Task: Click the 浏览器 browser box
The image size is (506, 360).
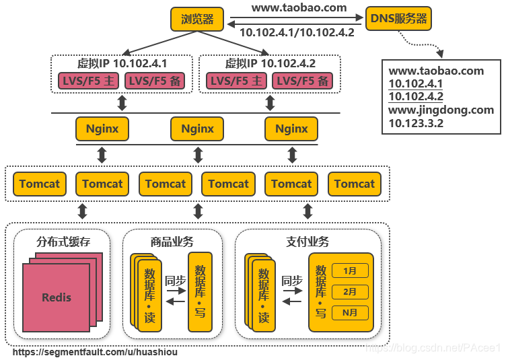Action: coord(197,19)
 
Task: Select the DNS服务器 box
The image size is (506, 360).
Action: coord(398,19)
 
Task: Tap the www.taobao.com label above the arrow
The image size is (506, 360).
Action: coord(299,8)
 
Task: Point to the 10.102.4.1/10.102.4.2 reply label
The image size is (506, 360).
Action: coord(297,32)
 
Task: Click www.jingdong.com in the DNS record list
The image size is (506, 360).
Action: coord(441,110)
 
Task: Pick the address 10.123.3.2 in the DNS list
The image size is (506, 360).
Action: coord(416,123)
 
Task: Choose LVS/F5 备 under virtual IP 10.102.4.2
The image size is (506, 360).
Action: coord(303,81)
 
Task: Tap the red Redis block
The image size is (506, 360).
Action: coord(57,297)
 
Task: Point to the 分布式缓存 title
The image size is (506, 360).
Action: coord(63,242)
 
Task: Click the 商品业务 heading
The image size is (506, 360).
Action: coord(172,242)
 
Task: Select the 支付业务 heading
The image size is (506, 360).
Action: coord(308,242)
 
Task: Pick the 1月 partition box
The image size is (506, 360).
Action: coord(350,271)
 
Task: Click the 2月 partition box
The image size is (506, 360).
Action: coord(350,292)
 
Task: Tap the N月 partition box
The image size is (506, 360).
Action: coord(350,313)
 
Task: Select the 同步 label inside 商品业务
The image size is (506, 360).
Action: coord(175,281)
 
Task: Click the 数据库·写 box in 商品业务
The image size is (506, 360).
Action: coord(200,292)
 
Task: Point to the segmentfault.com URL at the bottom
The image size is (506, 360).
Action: coord(96,352)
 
